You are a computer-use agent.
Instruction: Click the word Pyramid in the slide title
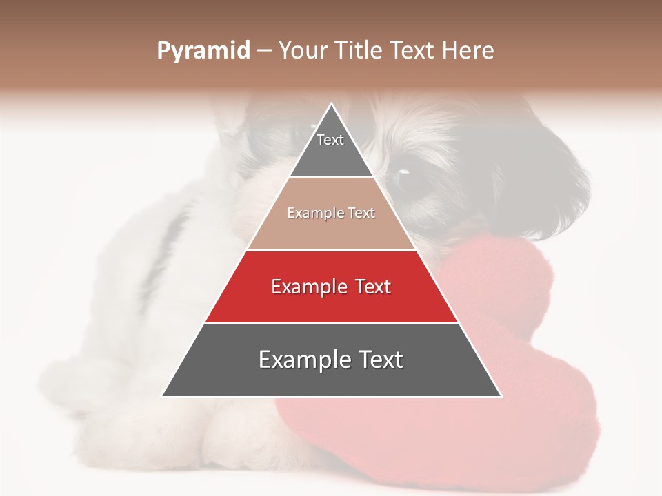203,51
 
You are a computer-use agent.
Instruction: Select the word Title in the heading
361,51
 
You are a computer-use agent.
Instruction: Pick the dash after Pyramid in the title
263,52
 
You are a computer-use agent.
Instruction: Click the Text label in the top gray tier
330,140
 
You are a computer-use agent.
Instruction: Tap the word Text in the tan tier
362,214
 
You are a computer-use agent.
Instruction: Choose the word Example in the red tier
308,287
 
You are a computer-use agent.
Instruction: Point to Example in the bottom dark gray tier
300,360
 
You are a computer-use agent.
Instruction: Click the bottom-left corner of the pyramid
162,396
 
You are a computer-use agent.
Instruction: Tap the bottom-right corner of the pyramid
501,396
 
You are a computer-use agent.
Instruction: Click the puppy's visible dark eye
404,172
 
